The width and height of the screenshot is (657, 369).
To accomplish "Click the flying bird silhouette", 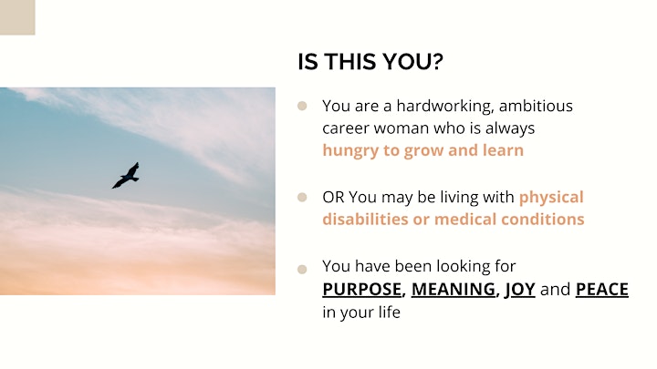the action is coord(126,176).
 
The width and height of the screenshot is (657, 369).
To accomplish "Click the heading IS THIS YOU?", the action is coord(370,62).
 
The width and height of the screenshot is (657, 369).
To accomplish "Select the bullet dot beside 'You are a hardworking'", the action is coord(302,106).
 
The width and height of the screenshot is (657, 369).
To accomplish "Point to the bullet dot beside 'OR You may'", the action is coord(302,197).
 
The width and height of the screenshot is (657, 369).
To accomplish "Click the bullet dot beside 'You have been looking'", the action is coord(302,269).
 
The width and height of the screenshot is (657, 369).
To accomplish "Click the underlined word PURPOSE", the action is coord(361,290).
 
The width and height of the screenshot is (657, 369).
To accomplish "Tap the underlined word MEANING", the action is coord(453,290).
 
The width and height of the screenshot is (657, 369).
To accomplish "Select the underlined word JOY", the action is coord(519,290).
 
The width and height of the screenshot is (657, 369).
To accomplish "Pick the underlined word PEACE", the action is coord(602,290).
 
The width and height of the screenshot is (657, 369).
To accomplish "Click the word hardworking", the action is coord(445,107).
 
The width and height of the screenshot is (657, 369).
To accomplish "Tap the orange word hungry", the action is coord(350,151).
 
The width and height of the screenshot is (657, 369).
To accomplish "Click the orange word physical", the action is coord(551,198).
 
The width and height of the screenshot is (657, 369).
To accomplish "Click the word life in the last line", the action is coord(391,313).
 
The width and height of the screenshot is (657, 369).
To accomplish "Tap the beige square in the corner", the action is coord(17,17).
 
